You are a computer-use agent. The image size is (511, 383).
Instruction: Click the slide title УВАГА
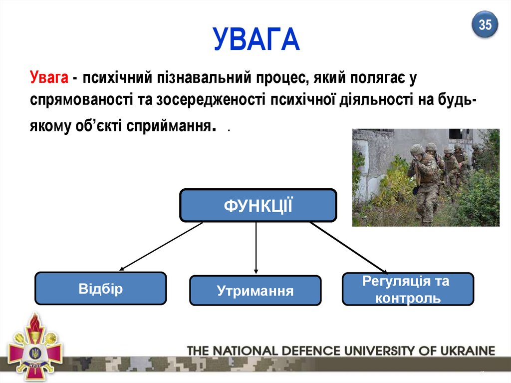point(256,40)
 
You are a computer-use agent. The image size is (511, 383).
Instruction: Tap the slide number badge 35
point(485,24)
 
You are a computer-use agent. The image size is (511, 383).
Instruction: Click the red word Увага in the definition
point(48,78)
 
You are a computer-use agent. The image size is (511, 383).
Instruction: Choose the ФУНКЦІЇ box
point(258,205)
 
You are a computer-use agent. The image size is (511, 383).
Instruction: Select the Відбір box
point(100,289)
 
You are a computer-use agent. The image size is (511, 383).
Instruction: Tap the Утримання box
point(255,291)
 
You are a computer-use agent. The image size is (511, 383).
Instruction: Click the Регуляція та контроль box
point(407,289)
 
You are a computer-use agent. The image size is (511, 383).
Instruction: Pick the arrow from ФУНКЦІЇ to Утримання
point(256,248)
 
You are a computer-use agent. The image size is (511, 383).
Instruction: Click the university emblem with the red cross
point(35,347)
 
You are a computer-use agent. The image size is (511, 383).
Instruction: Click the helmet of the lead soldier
point(417,149)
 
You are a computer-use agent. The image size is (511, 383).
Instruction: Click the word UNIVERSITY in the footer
point(376,351)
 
